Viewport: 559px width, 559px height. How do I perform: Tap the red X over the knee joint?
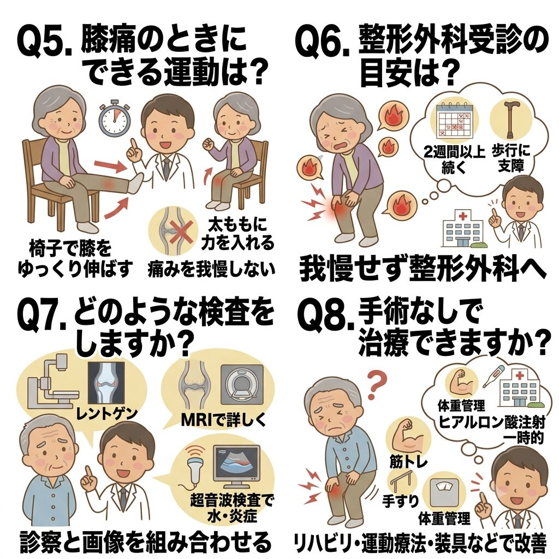click(x=182, y=230)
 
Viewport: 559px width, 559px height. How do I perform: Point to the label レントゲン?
click(x=107, y=414)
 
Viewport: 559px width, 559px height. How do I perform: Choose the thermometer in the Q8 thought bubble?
click(x=493, y=377)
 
